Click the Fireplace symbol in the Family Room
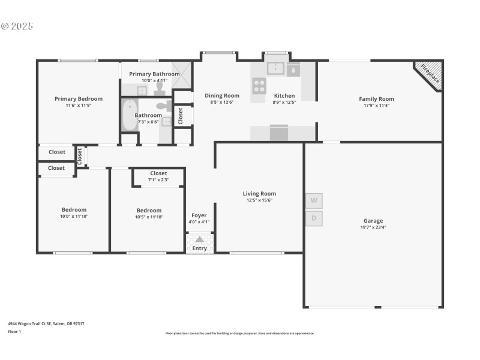point(430,74)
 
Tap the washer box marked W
point(314,200)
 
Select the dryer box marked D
point(314,218)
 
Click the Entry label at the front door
point(199,248)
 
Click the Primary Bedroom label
point(79,99)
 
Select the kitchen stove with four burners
point(259,86)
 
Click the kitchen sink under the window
point(275,68)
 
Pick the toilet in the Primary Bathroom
point(160,88)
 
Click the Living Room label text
point(259,193)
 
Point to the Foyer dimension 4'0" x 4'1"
point(199,222)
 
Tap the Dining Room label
point(222,95)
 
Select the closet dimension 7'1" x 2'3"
point(158,179)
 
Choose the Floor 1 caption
point(14,331)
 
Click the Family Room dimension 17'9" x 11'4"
point(376,106)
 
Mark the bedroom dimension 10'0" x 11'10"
point(74,216)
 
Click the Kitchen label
point(284,95)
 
